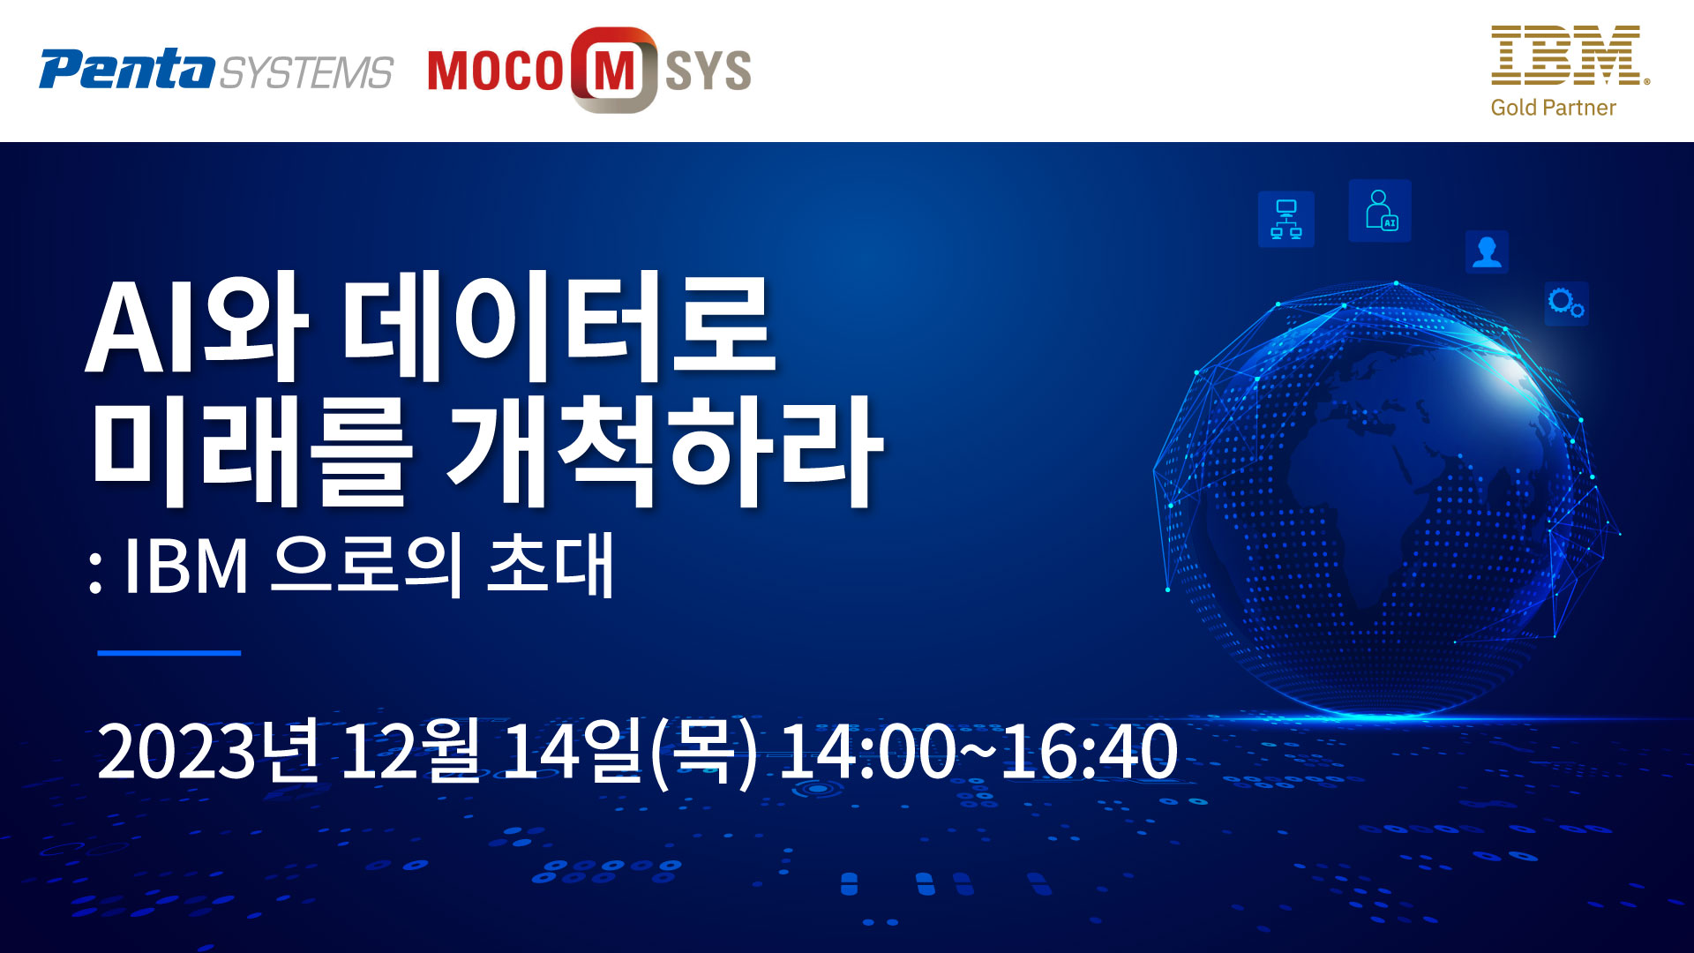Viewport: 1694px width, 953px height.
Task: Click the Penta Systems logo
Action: pyautogui.click(x=216, y=69)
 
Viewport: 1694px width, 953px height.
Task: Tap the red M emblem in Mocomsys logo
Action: pyautogui.click(x=614, y=70)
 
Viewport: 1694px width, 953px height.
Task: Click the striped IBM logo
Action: pyautogui.click(x=1570, y=56)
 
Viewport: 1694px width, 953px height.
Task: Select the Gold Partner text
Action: pyautogui.click(x=1553, y=108)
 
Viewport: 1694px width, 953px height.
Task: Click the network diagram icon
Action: pyautogui.click(x=1286, y=219)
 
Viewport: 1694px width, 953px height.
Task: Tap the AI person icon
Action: pyautogui.click(x=1380, y=211)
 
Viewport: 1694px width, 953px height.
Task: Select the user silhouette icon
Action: pyautogui.click(x=1487, y=252)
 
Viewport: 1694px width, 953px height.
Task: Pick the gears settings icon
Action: pyautogui.click(x=1566, y=304)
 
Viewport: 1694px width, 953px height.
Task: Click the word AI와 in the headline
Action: pyautogui.click(x=196, y=327)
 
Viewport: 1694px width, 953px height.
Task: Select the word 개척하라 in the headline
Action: pyautogui.click(x=665, y=452)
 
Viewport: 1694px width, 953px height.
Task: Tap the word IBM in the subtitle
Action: pyautogui.click(x=185, y=566)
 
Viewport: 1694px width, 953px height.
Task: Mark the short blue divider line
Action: pyautogui.click(x=169, y=653)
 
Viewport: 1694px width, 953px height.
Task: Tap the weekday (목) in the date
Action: pyautogui.click(x=703, y=751)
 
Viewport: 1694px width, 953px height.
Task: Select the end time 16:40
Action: pyautogui.click(x=1090, y=751)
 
